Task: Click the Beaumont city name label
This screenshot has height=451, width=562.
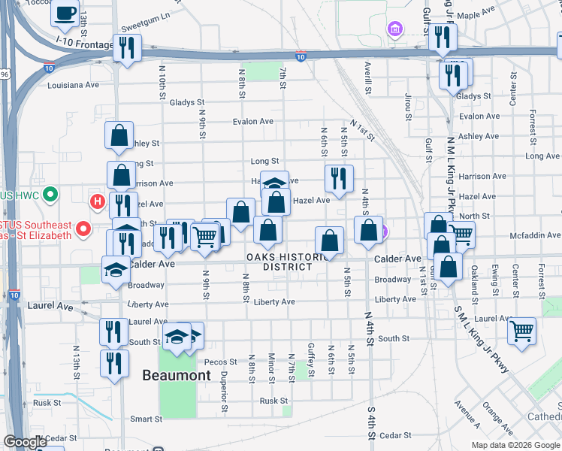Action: [177, 375]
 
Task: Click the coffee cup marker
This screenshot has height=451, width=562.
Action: [65, 14]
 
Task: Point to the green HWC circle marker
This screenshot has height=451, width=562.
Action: [50, 195]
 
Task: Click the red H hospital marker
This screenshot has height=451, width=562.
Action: [97, 201]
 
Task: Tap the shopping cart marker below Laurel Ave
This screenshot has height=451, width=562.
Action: [521, 330]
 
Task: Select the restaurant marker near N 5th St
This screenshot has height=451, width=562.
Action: [339, 178]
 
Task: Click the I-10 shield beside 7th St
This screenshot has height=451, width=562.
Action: [300, 56]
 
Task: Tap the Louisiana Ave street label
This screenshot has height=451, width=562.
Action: [73, 85]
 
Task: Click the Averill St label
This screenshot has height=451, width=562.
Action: [367, 78]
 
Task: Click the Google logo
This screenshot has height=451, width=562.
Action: [26, 442]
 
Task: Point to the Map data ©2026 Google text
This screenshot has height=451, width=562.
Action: [515, 444]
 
